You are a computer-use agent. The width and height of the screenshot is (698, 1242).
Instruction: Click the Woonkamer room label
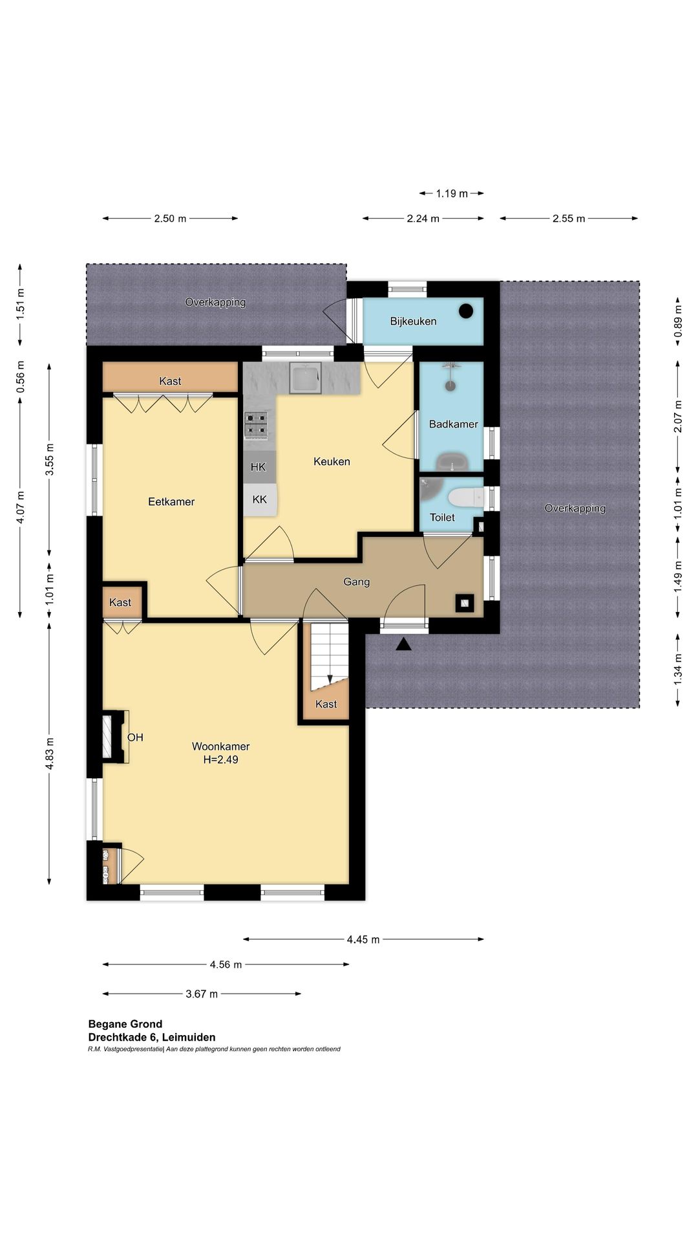[220, 746]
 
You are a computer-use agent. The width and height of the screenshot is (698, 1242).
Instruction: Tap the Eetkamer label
[171, 501]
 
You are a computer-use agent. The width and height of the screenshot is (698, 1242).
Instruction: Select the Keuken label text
[332, 461]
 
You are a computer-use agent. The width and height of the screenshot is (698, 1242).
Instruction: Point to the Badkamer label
[454, 424]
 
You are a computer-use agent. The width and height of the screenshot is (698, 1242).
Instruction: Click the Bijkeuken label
[413, 321]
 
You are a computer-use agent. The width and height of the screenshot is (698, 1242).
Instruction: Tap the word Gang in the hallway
[356, 582]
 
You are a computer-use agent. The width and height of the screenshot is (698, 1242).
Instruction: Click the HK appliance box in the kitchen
[259, 467]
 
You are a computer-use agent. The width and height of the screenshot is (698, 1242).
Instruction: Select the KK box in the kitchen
[260, 500]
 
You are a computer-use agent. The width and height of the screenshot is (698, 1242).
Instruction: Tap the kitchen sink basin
[305, 378]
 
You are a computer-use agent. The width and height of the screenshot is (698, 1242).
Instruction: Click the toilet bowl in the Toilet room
[465, 497]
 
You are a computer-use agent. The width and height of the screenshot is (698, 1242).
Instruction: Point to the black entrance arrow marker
[404, 644]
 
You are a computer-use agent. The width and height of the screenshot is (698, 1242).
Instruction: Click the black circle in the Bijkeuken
[465, 311]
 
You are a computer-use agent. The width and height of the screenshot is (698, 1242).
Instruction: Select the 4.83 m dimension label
[50, 754]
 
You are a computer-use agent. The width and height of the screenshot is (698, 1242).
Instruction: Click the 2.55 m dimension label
[569, 219]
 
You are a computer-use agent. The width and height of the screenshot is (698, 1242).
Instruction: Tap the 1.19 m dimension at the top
[452, 193]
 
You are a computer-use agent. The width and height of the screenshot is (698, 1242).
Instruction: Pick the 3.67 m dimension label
[202, 994]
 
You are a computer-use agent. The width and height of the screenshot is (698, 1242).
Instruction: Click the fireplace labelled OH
[115, 736]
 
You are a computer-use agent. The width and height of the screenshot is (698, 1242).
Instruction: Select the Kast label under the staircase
[326, 704]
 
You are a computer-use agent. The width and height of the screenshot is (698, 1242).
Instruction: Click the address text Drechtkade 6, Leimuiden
[152, 1037]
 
